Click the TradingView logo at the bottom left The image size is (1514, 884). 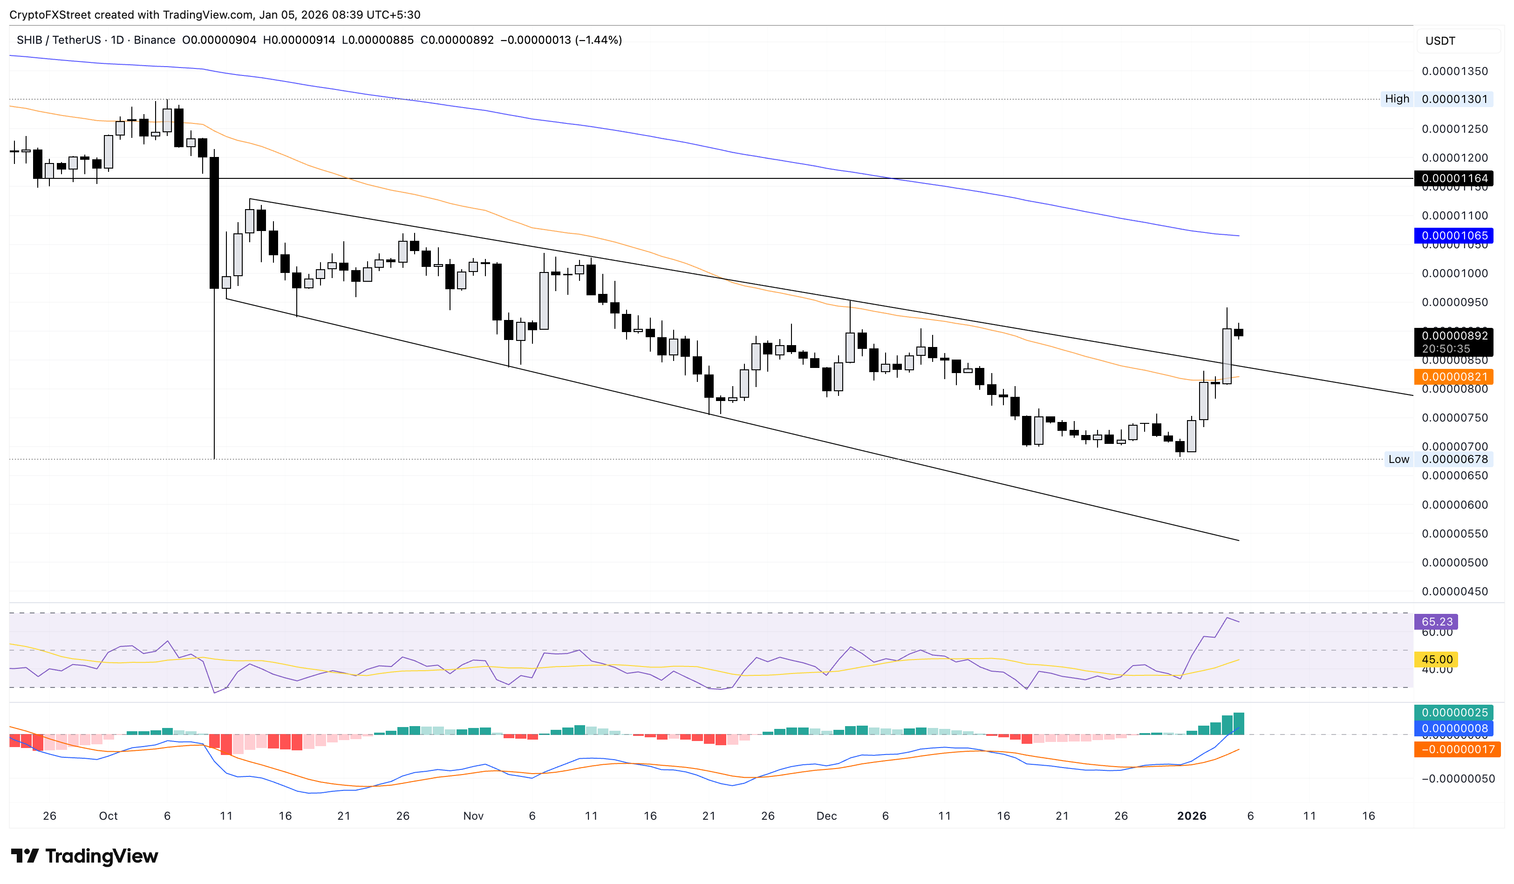click(85, 856)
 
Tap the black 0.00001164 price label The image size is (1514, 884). click(1454, 178)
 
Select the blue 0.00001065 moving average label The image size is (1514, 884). click(1454, 235)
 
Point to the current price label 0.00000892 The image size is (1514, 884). click(1454, 336)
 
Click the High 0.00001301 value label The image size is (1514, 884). click(1454, 99)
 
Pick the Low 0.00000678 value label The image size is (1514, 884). click(1454, 459)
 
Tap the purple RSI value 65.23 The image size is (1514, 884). click(1437, 622)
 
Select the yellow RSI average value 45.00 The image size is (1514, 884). click(1437, 660)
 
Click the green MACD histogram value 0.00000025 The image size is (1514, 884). click(1454, 713)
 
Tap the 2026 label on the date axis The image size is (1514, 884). click(1191, 816)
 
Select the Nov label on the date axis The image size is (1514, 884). click(473, 816)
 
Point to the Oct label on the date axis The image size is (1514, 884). click(108, 816)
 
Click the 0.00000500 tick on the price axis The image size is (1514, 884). click(1454, 563)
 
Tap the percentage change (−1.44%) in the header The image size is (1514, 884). click(599, 40)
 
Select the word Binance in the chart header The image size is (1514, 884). click(154, 40)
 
